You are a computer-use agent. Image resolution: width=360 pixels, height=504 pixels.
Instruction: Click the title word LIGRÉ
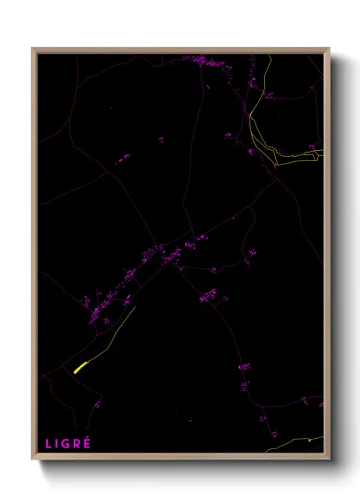(68, 443)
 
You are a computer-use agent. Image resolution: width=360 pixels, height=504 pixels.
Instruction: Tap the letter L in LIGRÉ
(49, 443)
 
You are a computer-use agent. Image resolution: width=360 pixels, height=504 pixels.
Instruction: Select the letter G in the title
(67, 443)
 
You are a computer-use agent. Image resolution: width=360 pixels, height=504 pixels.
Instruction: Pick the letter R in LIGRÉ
(77, 443)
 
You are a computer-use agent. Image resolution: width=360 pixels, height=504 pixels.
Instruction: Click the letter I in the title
(57, 443)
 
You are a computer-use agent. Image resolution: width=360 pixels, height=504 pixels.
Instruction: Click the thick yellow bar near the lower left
(80, 368)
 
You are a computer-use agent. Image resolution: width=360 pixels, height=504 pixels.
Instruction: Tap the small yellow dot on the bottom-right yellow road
(309, 441)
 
